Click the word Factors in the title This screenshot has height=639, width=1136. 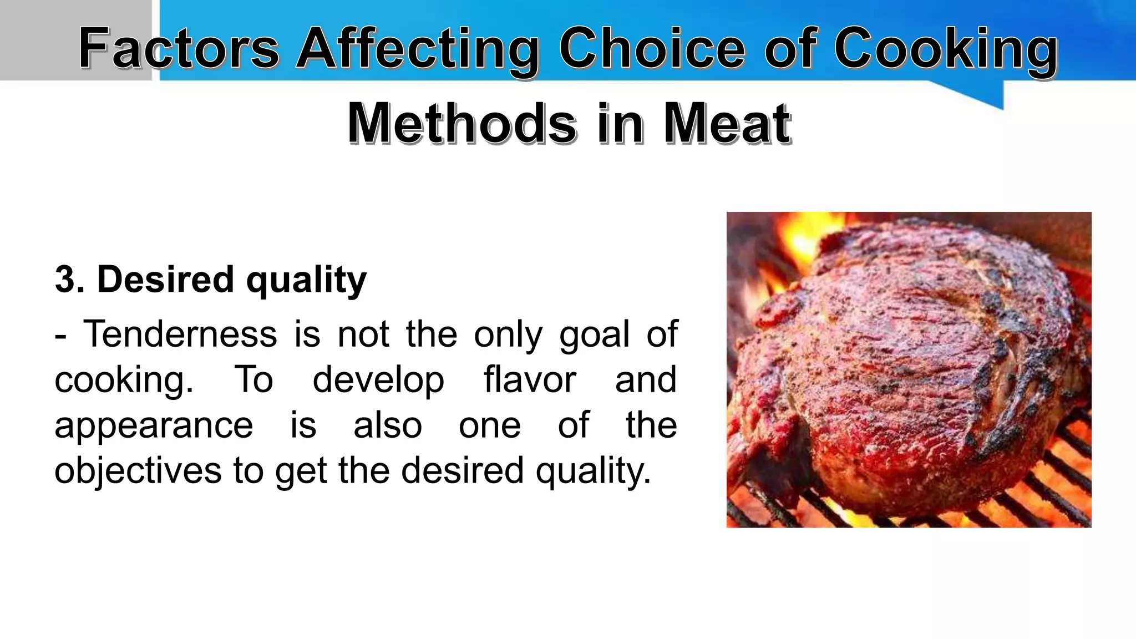point(179,49)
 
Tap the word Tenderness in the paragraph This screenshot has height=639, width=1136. point(180,334)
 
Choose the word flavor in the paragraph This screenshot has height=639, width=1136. point(530,380)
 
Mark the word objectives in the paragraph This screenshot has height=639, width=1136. point(138,471)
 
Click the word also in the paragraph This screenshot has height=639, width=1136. point(388,425)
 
